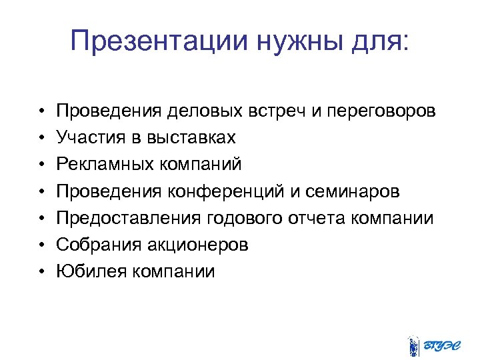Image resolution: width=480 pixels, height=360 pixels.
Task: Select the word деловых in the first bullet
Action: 205,110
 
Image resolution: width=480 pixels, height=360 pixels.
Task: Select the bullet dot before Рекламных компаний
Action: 41,165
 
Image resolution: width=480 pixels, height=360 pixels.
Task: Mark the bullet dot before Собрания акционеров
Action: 41,245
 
